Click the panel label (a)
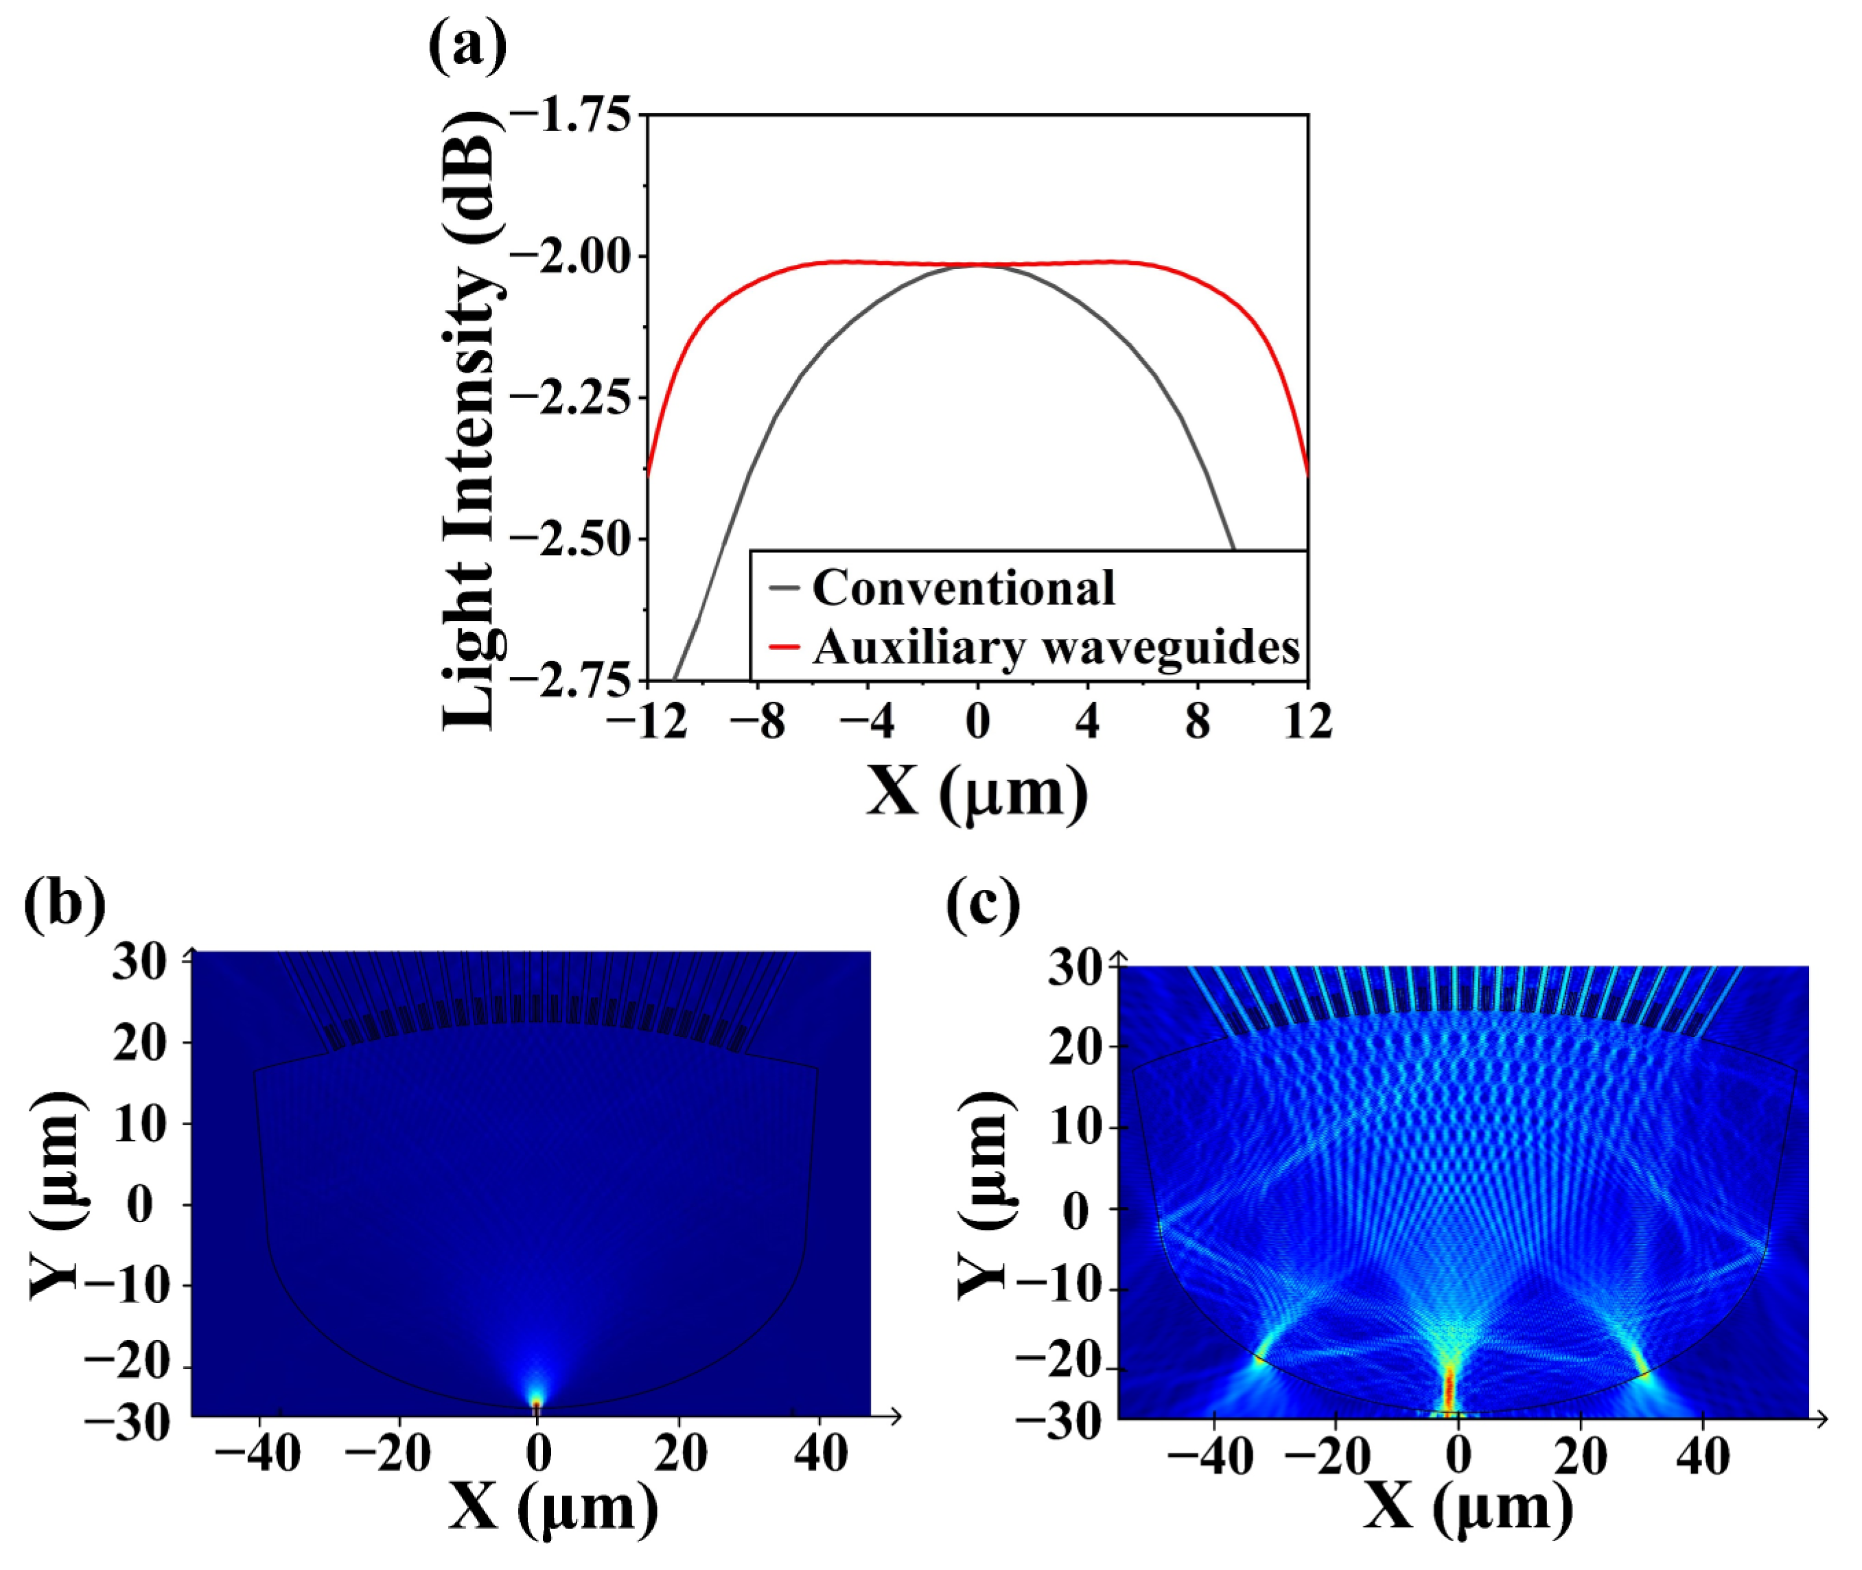(x=467, y=46)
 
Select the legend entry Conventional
(x=963, y=588)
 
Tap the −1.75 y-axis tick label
(x=572, y=116)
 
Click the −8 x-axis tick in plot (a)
(x=758, y=721)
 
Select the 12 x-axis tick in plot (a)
(x=1307, y=721)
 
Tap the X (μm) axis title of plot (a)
(x=977, y=791)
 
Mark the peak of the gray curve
(x=977, y=266)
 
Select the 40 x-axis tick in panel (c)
(x=1702, y=1457)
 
